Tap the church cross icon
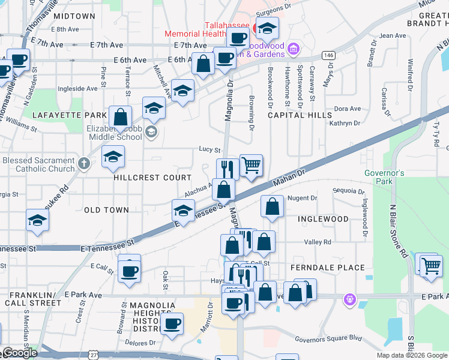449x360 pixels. [84, 163]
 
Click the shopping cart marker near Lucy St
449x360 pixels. [251, 165]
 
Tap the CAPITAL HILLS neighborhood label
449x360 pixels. [300, 115]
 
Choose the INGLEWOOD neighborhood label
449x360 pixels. [323, 219]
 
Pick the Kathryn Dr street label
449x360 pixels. [345, 123]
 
